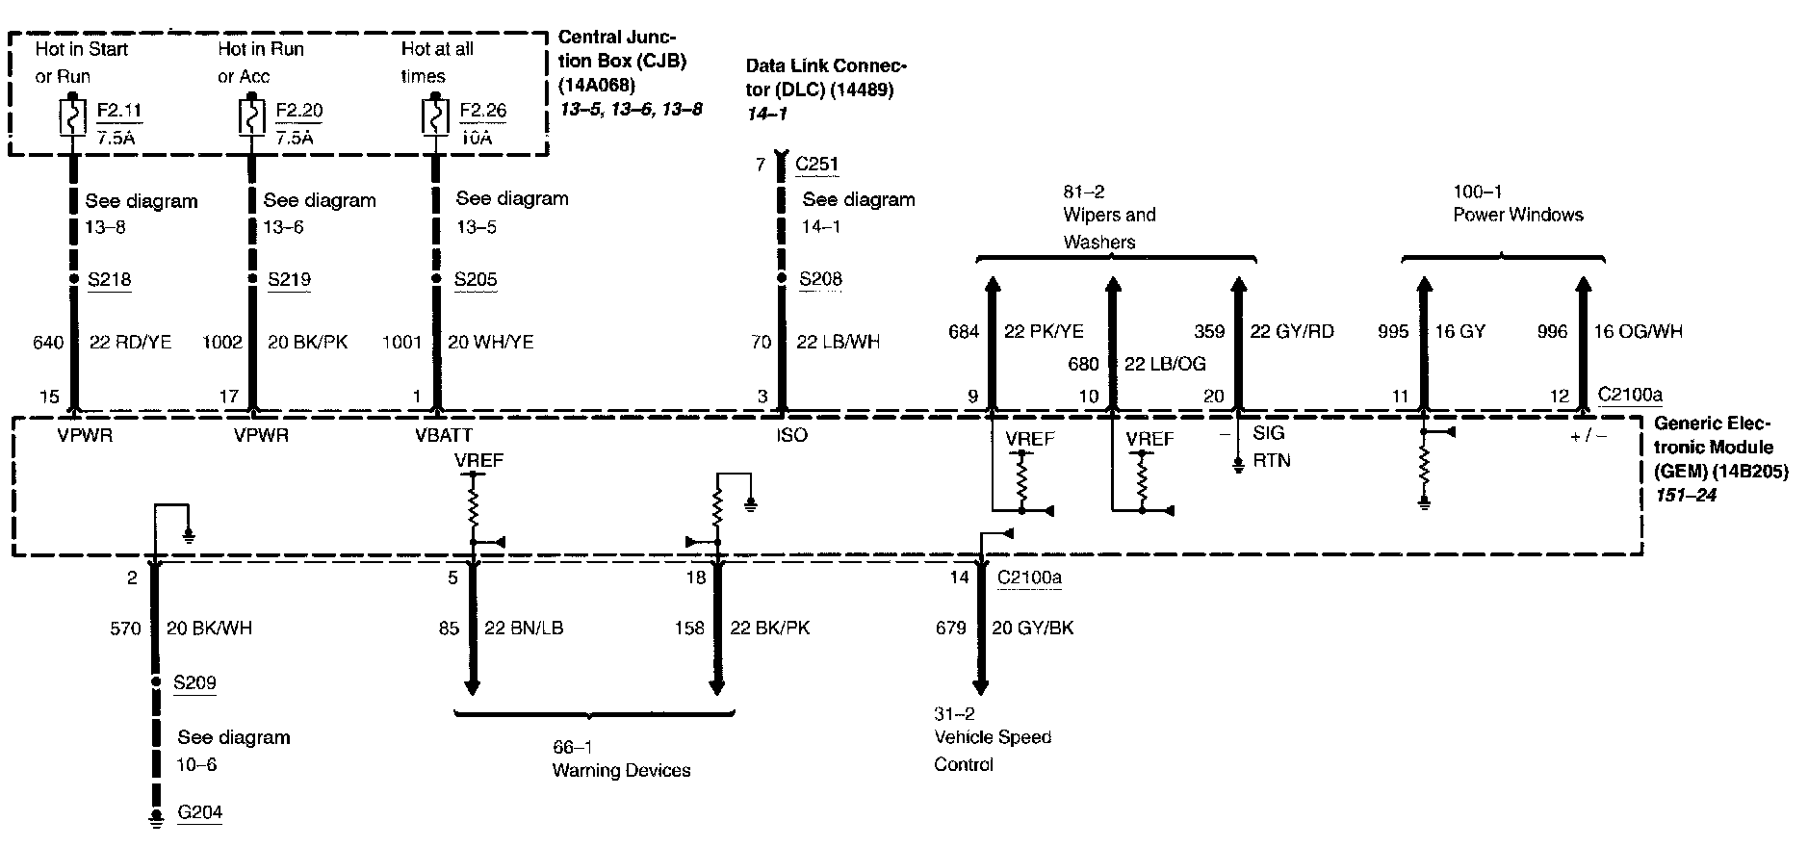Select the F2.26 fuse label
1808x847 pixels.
tap(482, 110)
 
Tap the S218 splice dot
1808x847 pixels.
tap(73, 280)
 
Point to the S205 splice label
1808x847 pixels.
tap(476, 280)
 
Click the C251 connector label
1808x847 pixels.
tap(816, 164)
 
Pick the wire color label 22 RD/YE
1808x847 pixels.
tap(130, 342)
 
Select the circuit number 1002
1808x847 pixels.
tap(222, 342)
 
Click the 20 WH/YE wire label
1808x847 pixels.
tap(490, 342)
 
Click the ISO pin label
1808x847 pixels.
tap(792, 435)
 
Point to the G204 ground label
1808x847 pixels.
tap(200, 812)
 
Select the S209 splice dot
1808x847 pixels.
tap(154, 682)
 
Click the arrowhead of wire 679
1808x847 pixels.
tap(980, 686)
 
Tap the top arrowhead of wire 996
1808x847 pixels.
tap(1583, 284)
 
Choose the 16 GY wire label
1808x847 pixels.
tap(1459, 332)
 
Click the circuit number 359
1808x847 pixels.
tap(1209, 332)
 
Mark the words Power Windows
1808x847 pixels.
tap(1517, 215)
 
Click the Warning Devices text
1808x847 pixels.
tap(621, 770)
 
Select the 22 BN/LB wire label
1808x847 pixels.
tap(524, 629)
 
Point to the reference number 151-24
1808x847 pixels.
tap(1686, 496)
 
